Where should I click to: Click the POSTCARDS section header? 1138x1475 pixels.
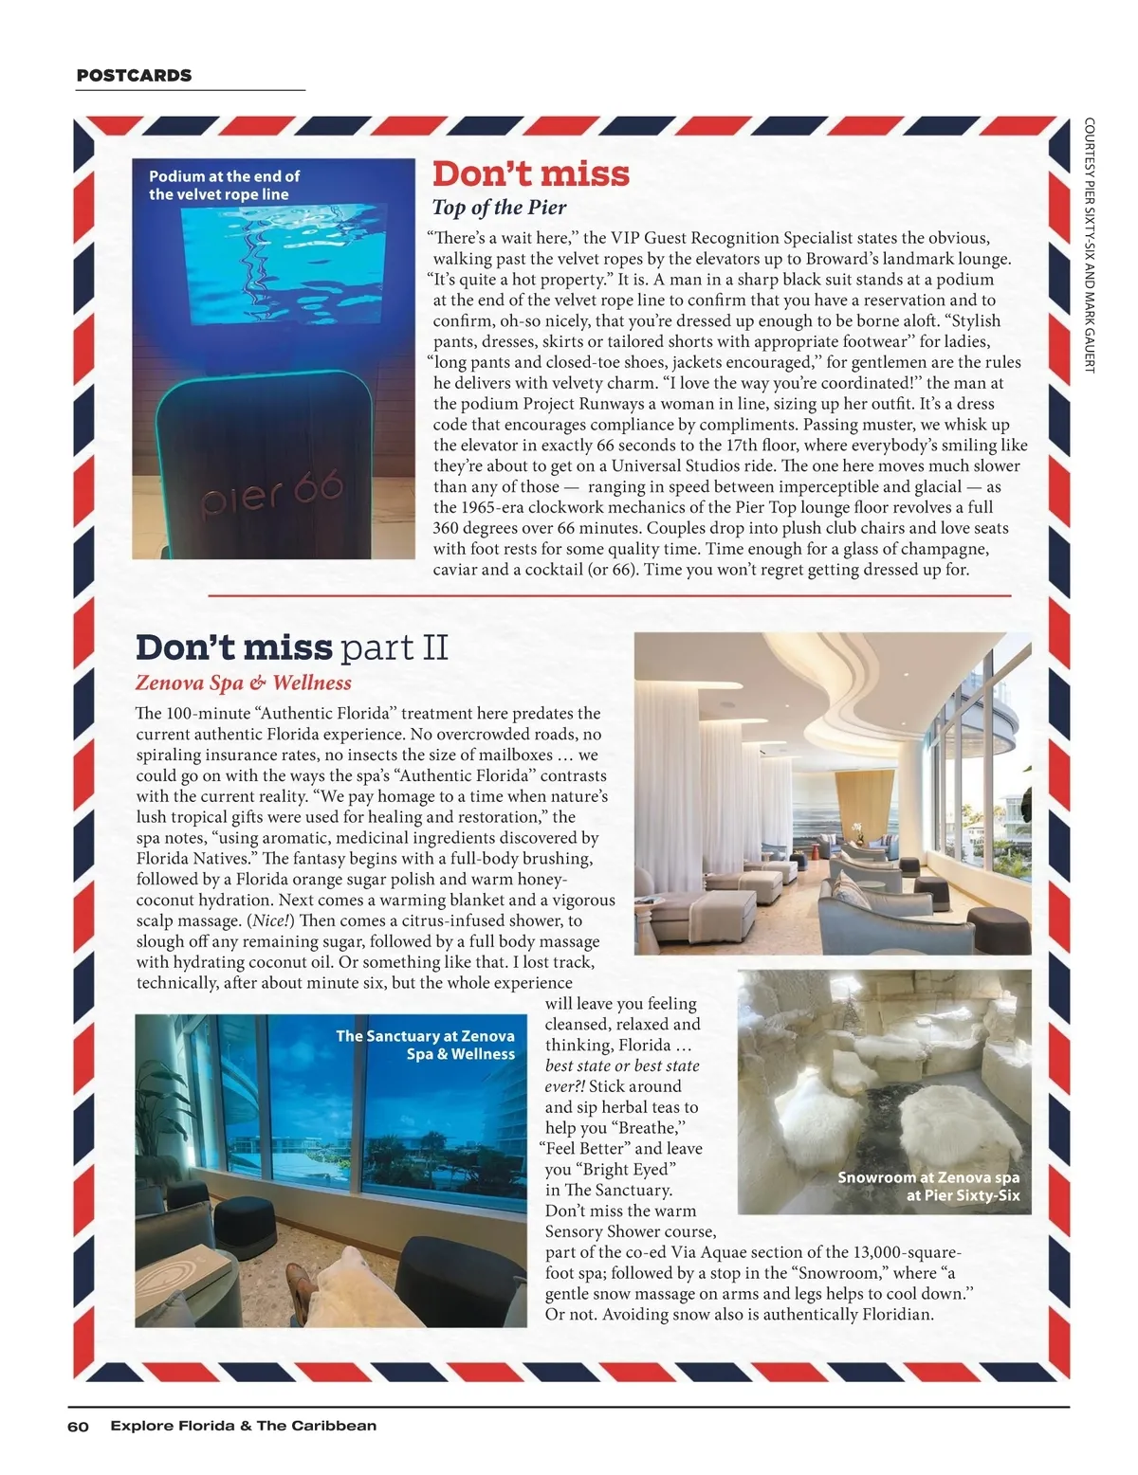coord(134,76)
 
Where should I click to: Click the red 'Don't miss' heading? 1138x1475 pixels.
coord(530,173)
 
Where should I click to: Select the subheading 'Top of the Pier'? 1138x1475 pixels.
coord(499,208)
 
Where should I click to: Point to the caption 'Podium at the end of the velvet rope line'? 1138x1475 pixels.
coord(224,185)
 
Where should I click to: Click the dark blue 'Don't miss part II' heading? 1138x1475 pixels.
coord(291,647)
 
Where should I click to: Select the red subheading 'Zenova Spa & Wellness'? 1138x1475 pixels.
coord(243,683)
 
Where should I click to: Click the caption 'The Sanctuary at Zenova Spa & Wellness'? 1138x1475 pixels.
coord(425,1045)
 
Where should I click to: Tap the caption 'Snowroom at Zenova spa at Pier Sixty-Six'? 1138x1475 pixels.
coord(927,1186)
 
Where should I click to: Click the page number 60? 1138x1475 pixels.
coord(78,1427)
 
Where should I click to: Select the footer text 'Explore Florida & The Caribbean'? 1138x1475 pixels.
coord(243,1426)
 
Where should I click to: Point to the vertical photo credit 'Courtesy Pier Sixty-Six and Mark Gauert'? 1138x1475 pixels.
coord(1089,244)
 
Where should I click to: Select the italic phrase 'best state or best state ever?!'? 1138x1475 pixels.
coord(622,1075)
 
